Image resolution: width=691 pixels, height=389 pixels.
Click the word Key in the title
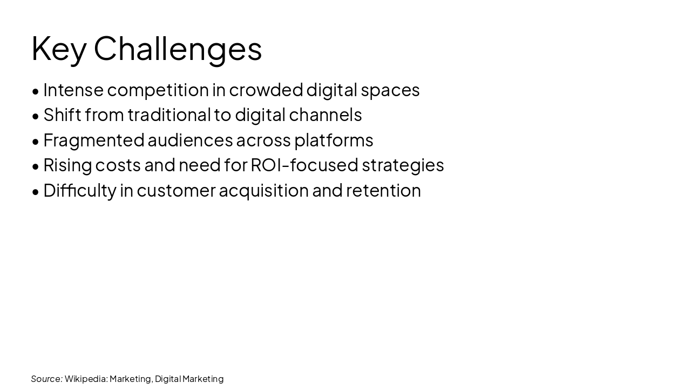[58, 49]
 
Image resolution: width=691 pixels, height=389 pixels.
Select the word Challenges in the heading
[178, 49]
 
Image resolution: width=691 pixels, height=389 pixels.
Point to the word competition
[158, 90]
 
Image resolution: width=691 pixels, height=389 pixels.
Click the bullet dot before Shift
[36, 116]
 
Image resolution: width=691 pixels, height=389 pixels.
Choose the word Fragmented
[93, 140]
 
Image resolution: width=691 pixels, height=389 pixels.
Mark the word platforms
[333, 140]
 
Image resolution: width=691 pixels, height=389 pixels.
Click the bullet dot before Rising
[36, 166]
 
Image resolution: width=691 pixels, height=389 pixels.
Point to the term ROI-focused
[304, 165]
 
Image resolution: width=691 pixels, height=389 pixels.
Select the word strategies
[403, 165]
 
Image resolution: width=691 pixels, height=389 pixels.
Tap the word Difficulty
[79, 190]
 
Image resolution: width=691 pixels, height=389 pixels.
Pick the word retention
[383, 190]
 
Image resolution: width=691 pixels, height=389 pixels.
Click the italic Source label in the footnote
[46, 379]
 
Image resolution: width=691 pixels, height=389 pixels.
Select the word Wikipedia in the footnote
[86, 379]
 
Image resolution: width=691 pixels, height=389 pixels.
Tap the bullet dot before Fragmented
[36, 141]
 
